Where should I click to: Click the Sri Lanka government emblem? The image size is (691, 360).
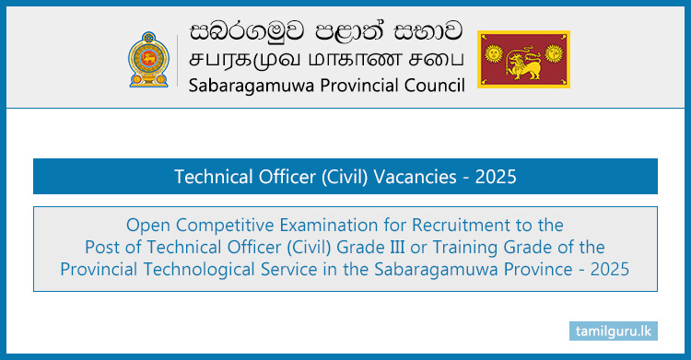coord(150,58)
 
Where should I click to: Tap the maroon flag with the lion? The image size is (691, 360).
coord(523,59)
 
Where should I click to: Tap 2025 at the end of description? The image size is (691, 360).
coord(611,270)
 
